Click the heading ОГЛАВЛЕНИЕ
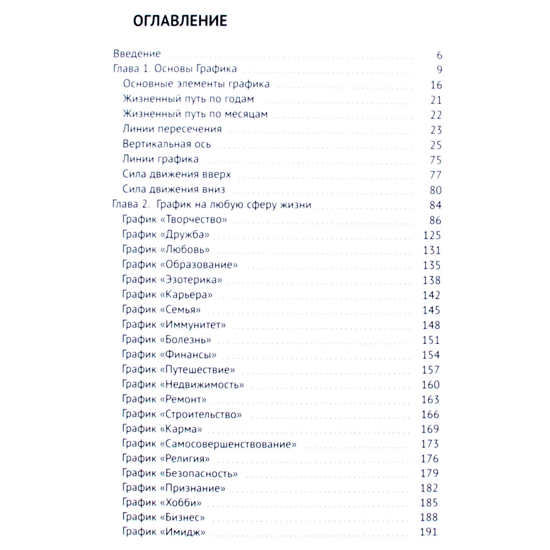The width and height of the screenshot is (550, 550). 180,21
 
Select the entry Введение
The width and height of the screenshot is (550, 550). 137,54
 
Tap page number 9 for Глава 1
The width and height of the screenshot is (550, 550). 439,70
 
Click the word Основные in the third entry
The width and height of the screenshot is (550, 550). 148,84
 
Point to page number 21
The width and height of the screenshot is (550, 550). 436,100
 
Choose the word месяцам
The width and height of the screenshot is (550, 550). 246,114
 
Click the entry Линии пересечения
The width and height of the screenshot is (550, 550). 172,129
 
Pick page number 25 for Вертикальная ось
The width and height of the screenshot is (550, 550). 436,145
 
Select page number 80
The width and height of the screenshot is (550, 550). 436,190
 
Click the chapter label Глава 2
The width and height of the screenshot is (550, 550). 131,204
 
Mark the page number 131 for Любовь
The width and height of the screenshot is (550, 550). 432,250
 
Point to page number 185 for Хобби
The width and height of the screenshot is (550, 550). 429,503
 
